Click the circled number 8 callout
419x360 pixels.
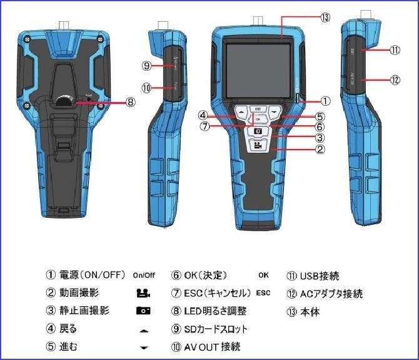pos(130,101)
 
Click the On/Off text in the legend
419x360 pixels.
pos(144,275)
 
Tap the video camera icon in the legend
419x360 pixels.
pos(143,292)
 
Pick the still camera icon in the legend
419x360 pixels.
pos(143,311)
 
